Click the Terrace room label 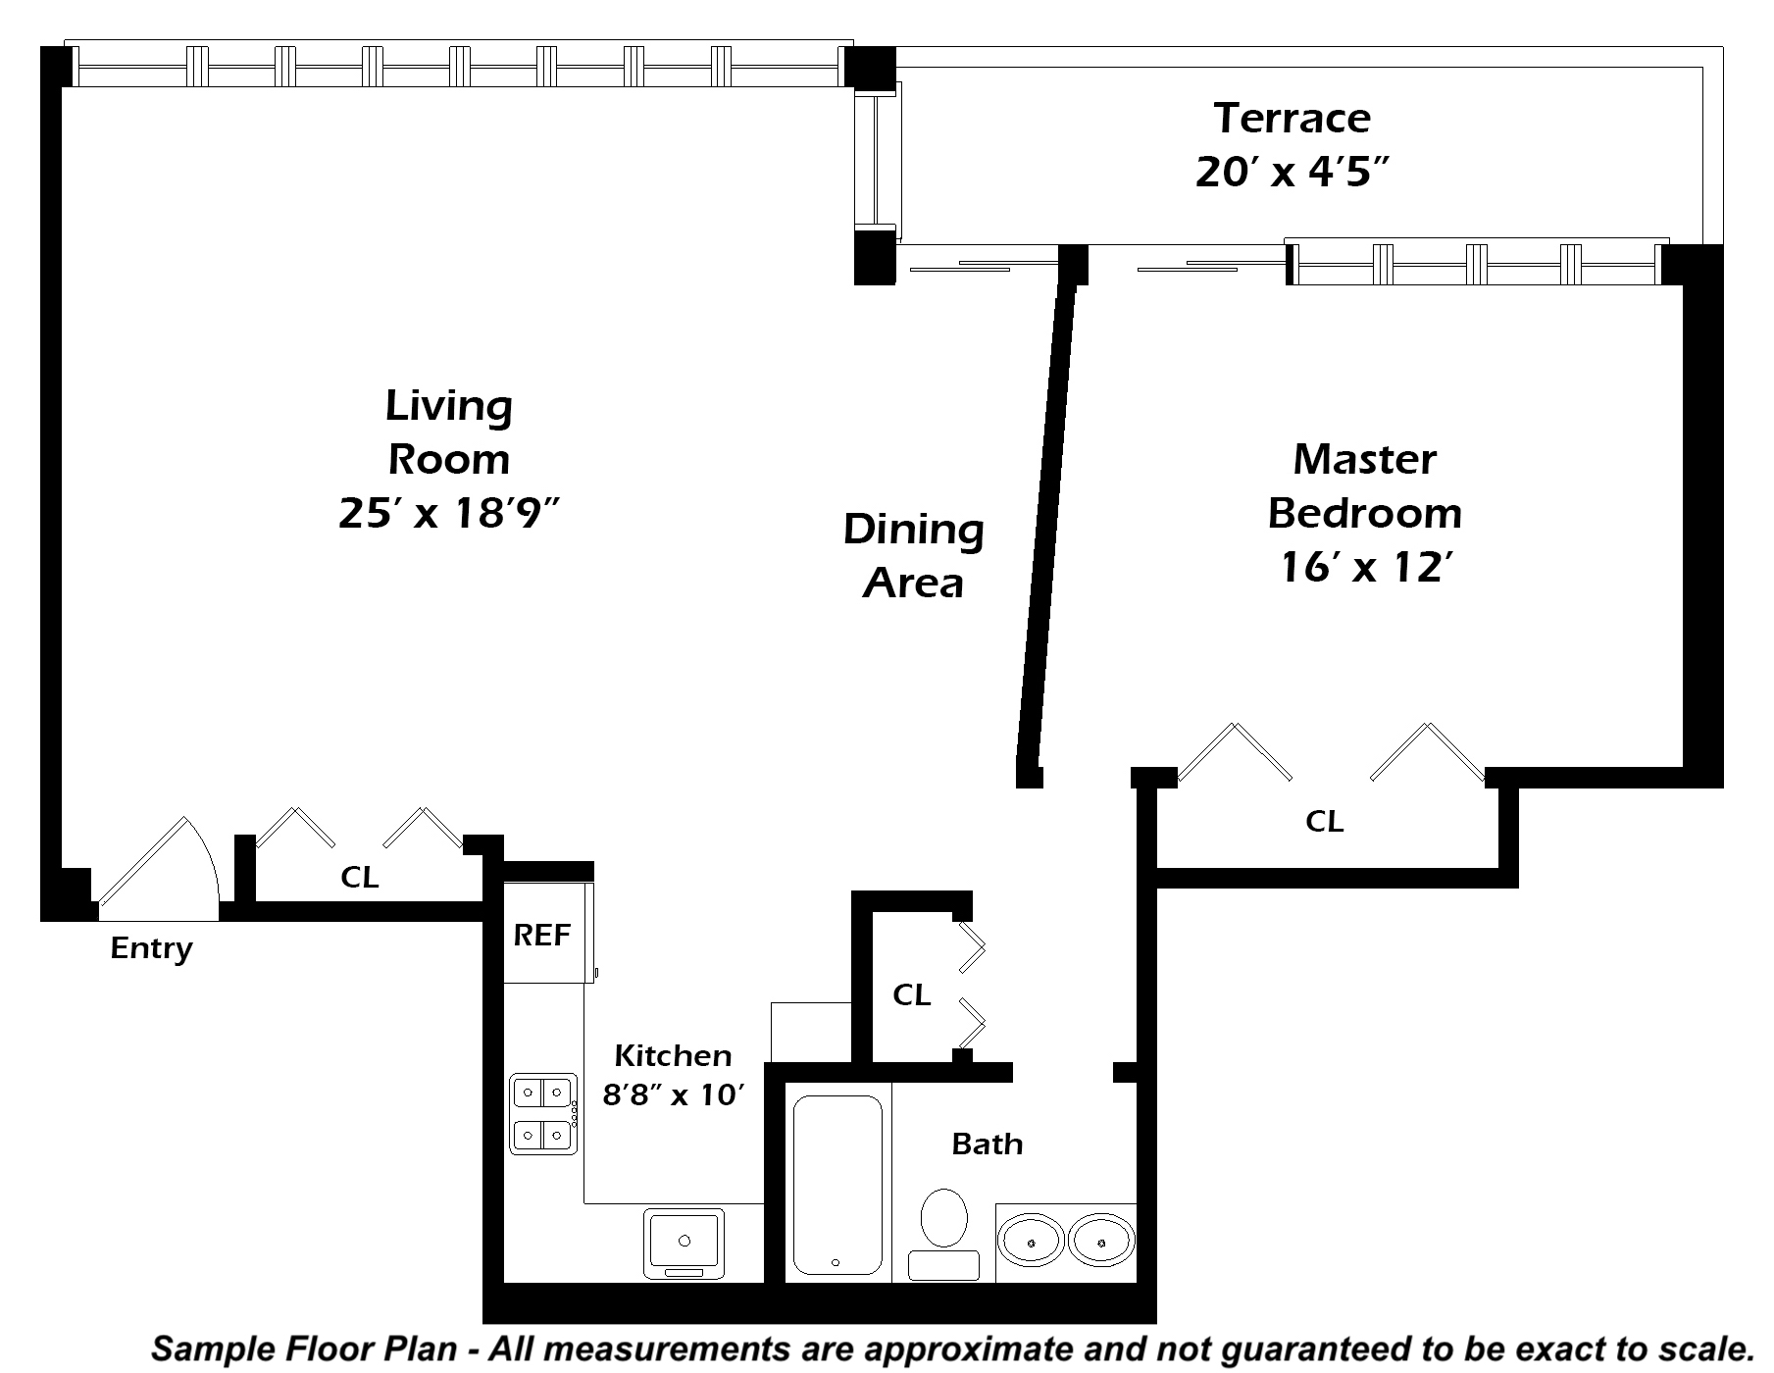click(x=1292, y=119)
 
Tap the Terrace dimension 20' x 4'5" click(x=1292, y=173)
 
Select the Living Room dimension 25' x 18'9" click(x=448, y=512)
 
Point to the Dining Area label click(x=914, y=555)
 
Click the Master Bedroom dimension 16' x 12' click(x=1365, y=567)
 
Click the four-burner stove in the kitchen click(x=543, y=1113)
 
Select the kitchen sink click(x=684, y=1244)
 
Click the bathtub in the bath click(x=837, y=1184)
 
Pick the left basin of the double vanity click(x=1031, y=1241)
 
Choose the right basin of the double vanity click(x=1101, y=1241)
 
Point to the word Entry click(x=151, y=948)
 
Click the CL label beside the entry click(x=360, y=877)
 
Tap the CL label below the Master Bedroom click(x=1324, y=821)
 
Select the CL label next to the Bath click(x=912, y=994)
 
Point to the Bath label click(x=988, y=1144)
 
